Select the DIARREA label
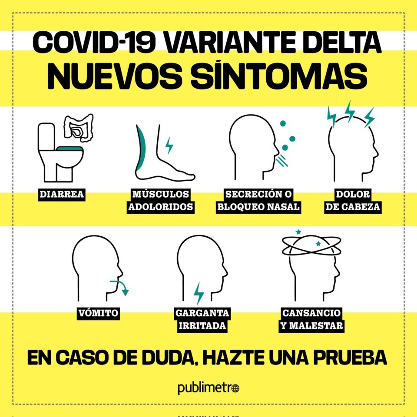(62, 194)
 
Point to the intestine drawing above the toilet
(79, 128)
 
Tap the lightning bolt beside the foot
(169, 146)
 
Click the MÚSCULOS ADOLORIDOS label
(161, 201)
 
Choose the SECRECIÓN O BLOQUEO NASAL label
(258, 201)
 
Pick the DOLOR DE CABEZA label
(353, 201)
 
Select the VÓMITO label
(98, 313)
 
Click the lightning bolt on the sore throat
(199, 293)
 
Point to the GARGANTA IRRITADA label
(202, 319)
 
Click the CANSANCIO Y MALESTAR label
(312, 319)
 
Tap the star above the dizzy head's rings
(298, 232)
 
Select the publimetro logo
(208, 388)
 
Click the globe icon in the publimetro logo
(235, 388)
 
